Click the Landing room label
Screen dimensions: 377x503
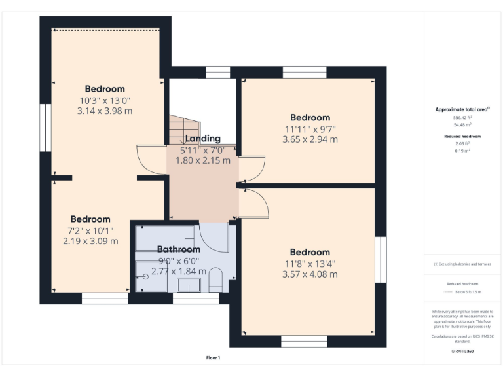point(202,139)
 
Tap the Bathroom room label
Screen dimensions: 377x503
point(178,249)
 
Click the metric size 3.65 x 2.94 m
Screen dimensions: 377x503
point(310,139)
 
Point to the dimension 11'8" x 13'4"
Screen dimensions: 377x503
point(310,263)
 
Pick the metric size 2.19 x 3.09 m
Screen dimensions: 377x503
point(90,241)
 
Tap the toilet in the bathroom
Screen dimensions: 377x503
point(216,283)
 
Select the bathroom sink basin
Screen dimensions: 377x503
point(190,285)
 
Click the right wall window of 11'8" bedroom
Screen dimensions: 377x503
point(381,260)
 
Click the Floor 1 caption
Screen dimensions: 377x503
point(213,358)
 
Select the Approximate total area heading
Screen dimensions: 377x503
point(462,109)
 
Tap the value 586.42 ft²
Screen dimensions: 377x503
point(462,117)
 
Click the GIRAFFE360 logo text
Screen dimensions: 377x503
point(462,351)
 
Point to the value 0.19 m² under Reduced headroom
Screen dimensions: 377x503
point(462,150)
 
